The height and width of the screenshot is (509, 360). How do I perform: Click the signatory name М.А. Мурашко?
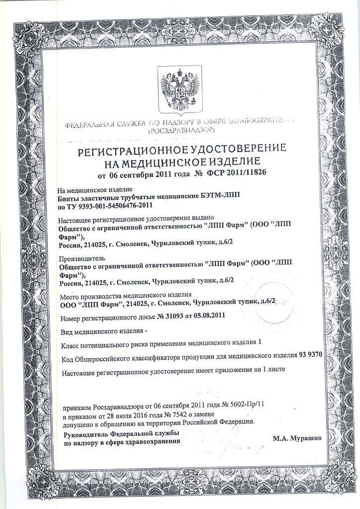pos(297,439)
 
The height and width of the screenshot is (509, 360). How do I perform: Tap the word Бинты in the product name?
pos(69,197)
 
